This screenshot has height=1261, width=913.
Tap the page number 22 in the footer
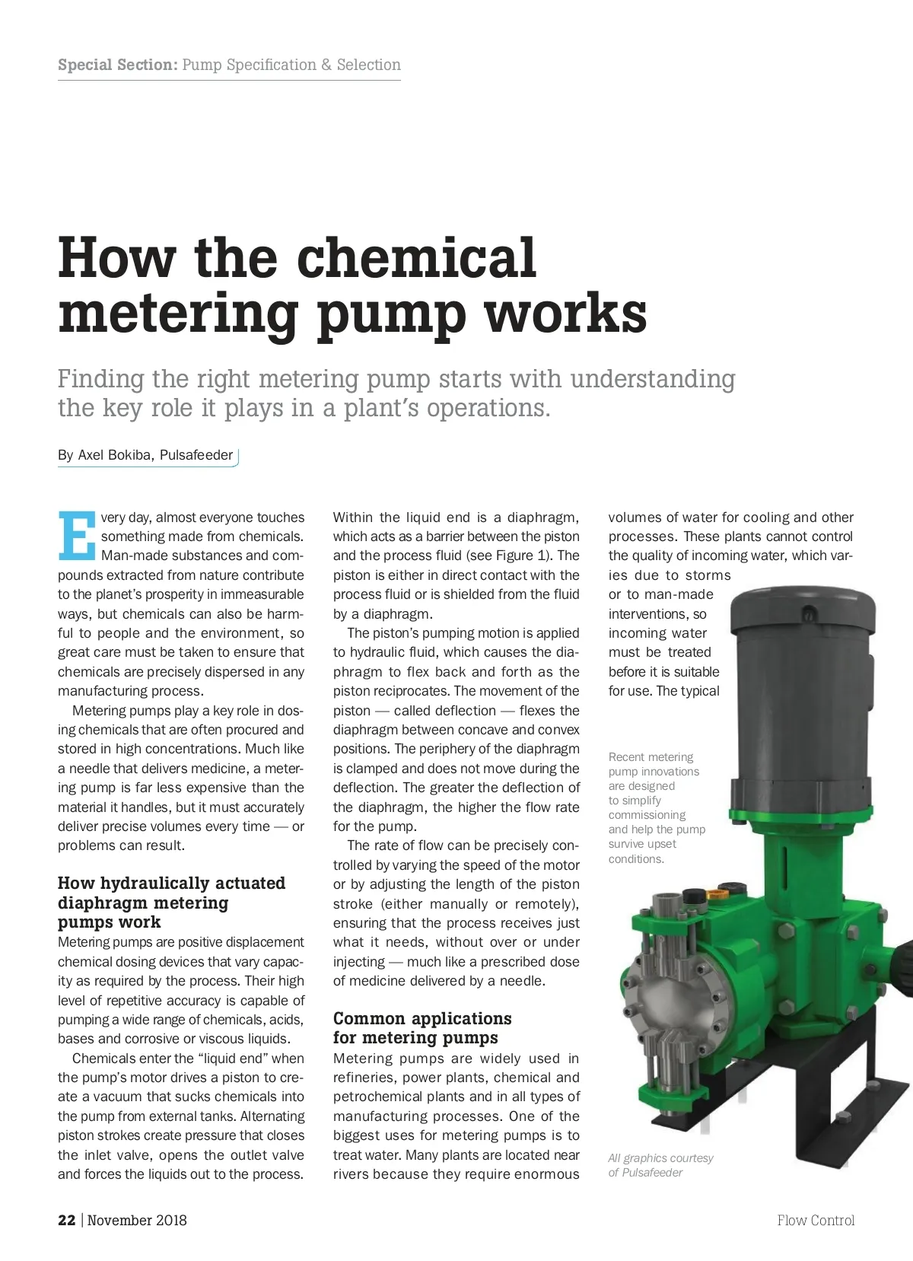[66, 1220]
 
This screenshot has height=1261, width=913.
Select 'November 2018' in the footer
[137, 1220]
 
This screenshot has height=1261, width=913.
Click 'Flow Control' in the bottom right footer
[816, 1220]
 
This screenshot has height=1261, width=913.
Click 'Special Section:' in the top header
[117, 65]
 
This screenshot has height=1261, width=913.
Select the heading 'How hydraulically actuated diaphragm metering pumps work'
[171, 903]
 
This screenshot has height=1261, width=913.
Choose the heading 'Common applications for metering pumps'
[422, 1028]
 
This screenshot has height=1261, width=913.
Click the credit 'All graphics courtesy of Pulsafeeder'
[660, 1165]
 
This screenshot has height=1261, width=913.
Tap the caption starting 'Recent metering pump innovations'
[657, 807]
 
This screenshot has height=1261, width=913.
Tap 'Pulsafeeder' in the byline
[196, 455]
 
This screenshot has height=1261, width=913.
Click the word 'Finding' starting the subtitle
[101, 378]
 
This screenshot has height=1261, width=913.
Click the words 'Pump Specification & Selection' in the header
[291, 65]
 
